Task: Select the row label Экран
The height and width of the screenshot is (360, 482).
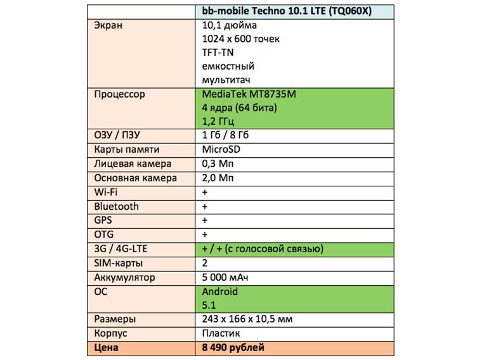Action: point(108,25)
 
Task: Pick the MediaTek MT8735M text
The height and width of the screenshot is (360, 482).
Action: point(249,94)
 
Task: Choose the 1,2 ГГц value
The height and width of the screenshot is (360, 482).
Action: point(218,121)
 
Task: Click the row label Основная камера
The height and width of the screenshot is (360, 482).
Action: point(135,178)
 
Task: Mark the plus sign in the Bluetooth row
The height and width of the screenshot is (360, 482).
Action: point(205,207)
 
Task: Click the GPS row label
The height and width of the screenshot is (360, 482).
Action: point(103,221)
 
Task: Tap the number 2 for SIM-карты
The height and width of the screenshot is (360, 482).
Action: point(205,263)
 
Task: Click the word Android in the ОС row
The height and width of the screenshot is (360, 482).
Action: point(219,292)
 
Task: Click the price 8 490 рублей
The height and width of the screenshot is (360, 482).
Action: point(233,347)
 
